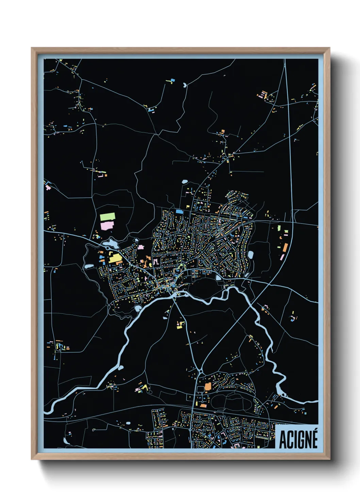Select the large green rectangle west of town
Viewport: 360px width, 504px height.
click(x=108, y=217)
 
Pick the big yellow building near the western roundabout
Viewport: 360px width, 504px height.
click(x=115, y=258)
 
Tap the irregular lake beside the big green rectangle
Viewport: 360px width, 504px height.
click(x=111, y=243)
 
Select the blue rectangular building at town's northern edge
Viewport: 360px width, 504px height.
click(x=179, y=211)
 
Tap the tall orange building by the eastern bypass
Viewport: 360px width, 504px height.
click(x=285, y=248)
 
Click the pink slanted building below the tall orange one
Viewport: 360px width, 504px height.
click(x=282, y=257)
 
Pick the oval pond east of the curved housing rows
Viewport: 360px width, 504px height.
click(x=251, y=254)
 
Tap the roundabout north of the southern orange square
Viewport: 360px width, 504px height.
click(x=200, y=370)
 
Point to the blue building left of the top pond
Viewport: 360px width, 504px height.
click(x=172, y=81)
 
